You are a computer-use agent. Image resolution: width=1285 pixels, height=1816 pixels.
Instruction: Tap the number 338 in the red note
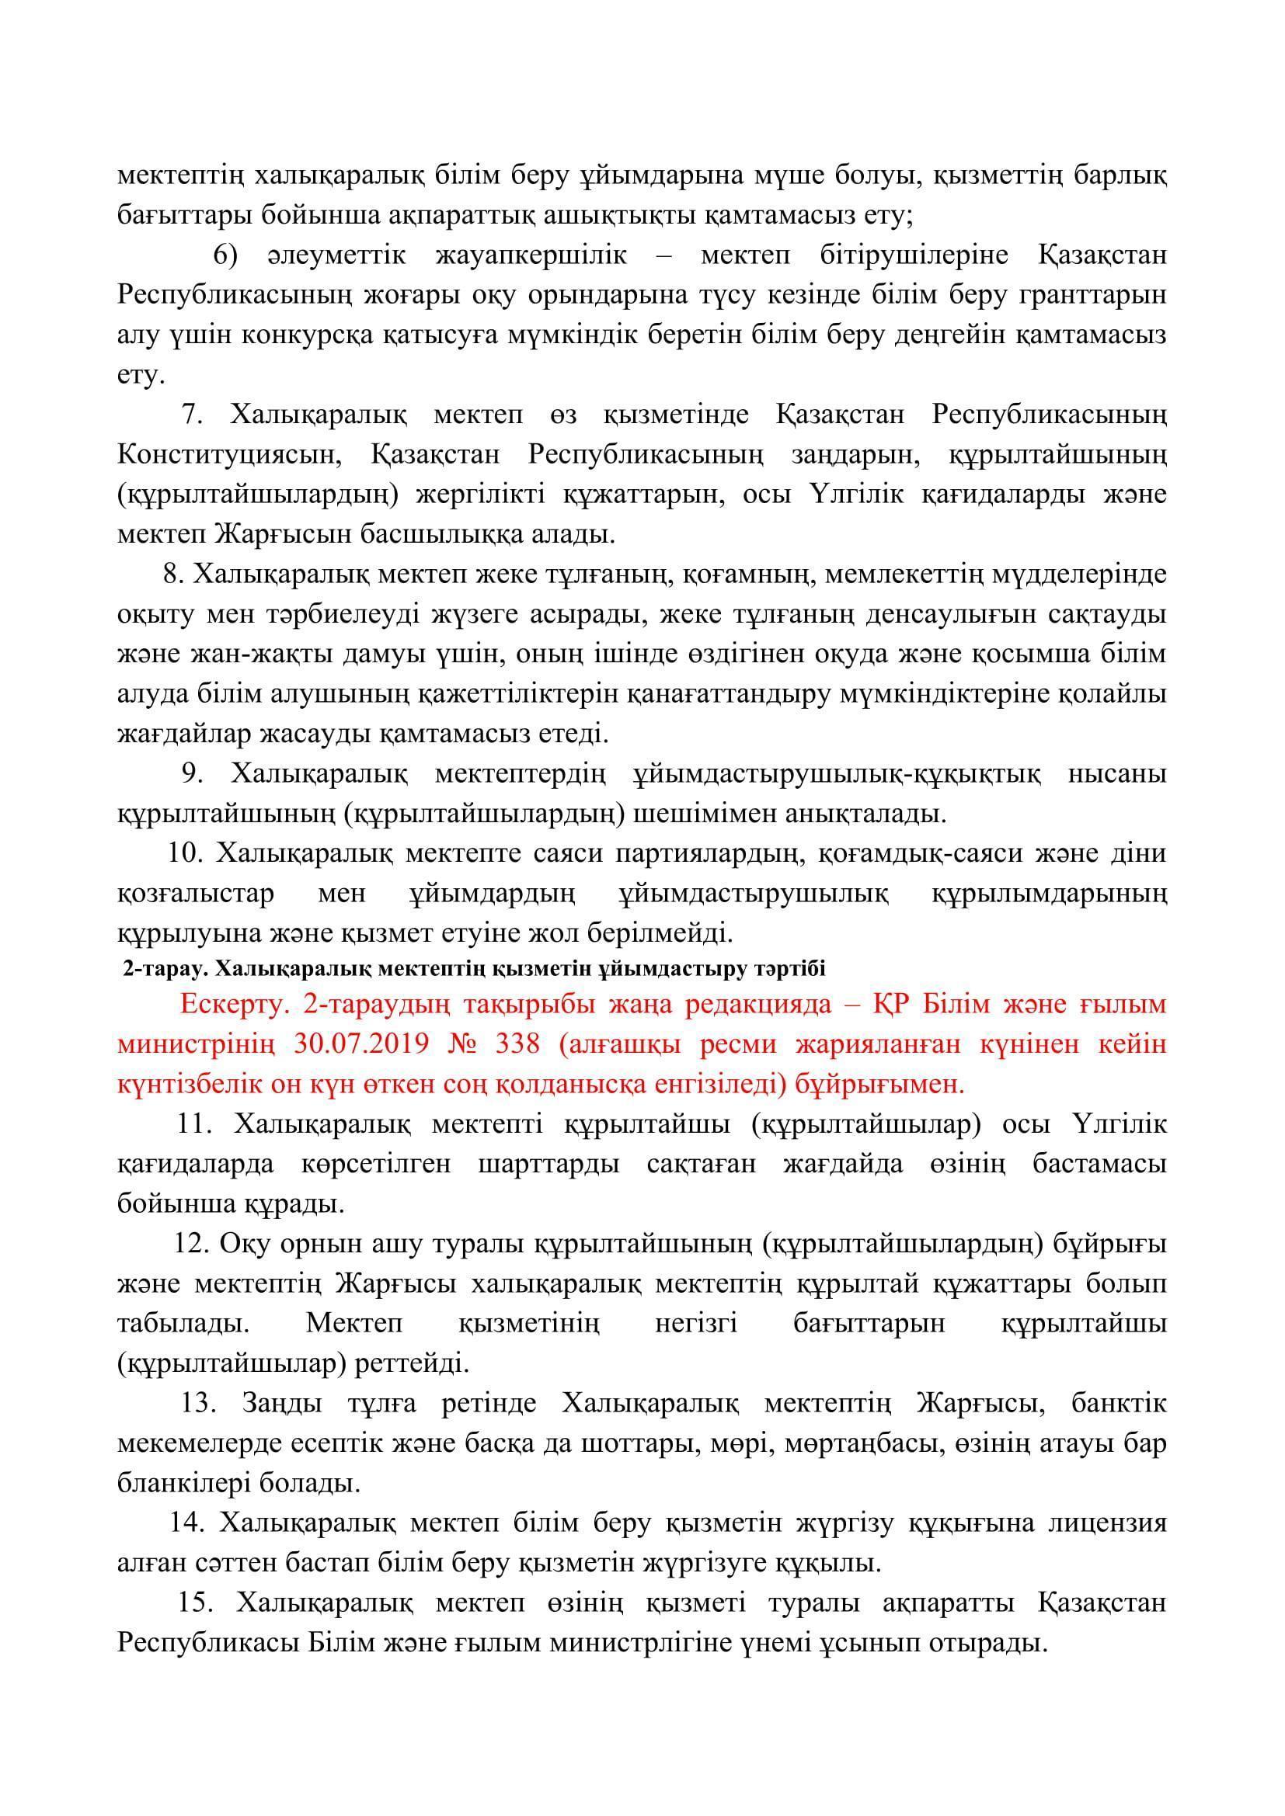pos(517,1045)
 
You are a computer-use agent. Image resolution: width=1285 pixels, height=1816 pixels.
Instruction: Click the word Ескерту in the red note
pos(232,1005)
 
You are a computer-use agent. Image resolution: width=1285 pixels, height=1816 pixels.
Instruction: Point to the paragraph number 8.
pos(172,574)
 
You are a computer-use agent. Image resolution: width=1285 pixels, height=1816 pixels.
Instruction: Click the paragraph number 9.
pos(192,773)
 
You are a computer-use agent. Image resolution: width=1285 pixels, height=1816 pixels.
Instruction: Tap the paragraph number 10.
pos(182,852)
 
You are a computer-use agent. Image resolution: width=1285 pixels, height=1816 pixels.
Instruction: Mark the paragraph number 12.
pos(189,1243)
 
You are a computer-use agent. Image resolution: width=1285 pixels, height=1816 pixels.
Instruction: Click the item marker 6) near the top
pos(225,255)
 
